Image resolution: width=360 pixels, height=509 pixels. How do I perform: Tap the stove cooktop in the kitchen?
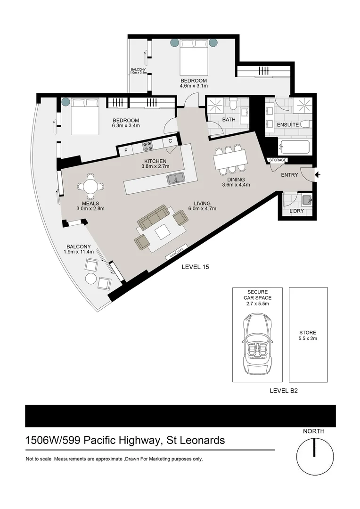[147, 147]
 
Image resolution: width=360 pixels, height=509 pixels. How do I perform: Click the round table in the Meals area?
[90, 186]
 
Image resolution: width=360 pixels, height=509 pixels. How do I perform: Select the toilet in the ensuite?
[305, 124]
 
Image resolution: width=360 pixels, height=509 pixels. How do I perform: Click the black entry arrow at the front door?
[318, 175]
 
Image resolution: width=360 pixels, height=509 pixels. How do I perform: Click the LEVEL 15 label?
[195, 267]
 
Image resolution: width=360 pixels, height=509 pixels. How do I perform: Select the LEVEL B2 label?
[283, 390]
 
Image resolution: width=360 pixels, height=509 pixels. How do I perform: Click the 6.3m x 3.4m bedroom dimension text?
[125, 126]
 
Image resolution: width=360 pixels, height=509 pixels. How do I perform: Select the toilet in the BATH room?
[232, 104]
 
